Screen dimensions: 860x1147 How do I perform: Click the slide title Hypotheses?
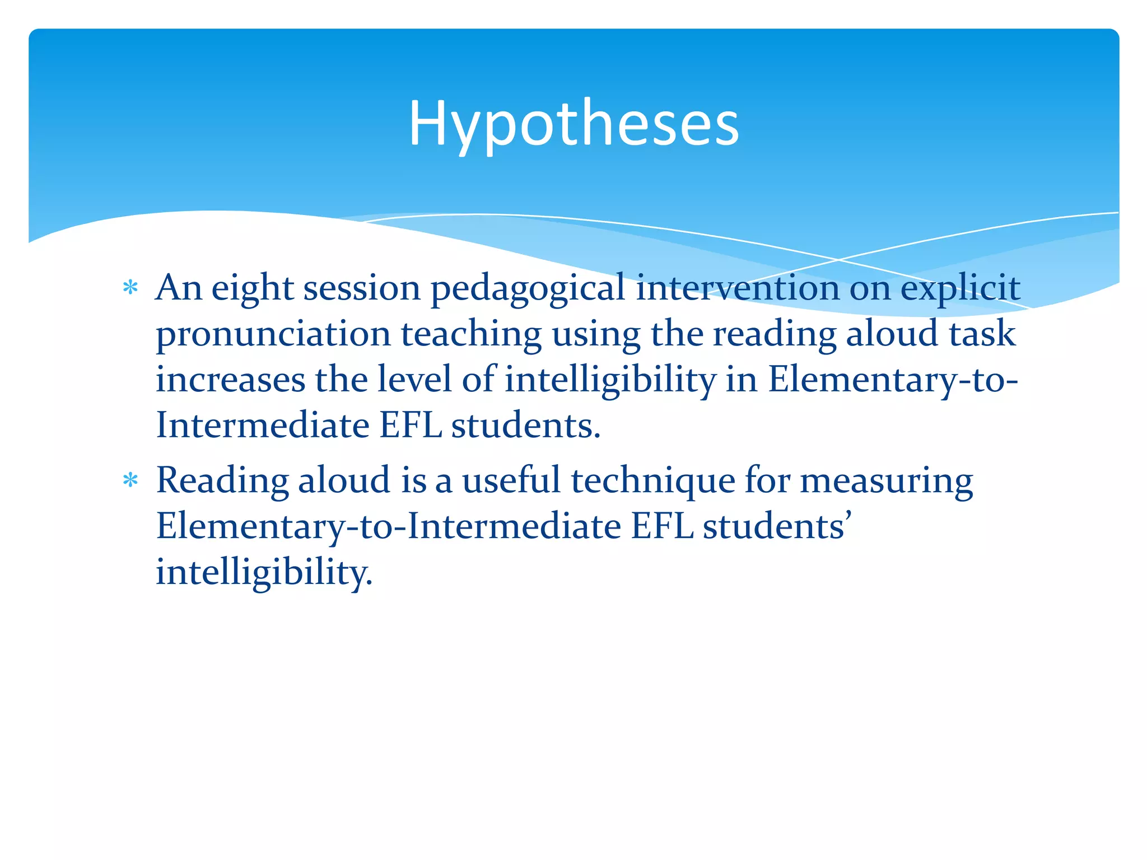click(573, 124)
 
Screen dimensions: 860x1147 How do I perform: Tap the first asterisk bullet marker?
click(130, 288)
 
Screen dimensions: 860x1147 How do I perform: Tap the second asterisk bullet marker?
click(130, 480)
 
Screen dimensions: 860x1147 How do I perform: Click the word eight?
click(253, 289)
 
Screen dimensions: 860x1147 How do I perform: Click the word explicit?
click(960, 289)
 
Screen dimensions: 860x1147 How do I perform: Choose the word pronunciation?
click(273, 335)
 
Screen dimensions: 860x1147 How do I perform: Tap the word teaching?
click(471, 335)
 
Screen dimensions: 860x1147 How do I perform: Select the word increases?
click(230, 380)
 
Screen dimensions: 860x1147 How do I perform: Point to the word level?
click(414, 379)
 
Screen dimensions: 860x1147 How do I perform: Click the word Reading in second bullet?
click(222, 482)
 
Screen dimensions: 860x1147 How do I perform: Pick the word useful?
click(511, 480)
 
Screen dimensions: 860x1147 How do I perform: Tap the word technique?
click(652, 482)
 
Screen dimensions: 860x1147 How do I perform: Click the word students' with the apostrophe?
click(777, 527)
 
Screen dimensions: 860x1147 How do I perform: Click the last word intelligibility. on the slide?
click(264, 573)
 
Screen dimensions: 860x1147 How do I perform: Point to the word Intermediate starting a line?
click(263, 426)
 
